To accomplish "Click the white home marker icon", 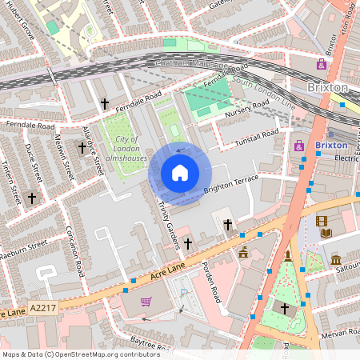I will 180,173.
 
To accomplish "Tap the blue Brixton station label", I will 331,146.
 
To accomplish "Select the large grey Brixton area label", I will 328,86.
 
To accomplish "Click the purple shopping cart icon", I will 146,302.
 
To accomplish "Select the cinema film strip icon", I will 322,221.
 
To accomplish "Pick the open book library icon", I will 326,233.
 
